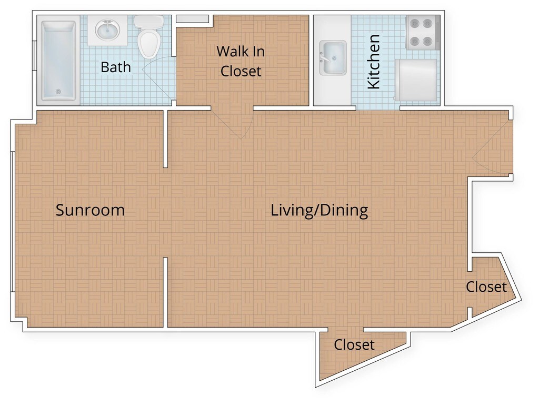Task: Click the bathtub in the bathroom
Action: [x=58, y=61]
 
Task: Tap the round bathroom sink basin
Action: [x=107, y=30]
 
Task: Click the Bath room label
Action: [x=116, y=67]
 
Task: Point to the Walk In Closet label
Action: [x=241, y=61]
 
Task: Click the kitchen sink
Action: [x=333, y=58]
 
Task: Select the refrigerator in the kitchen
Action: [x=417, y=80]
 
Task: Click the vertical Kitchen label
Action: [x=374, y=62]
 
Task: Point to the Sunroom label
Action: [x=90, y=210]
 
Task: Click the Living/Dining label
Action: [x=320, y=210]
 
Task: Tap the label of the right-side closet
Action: [x=486, y=287]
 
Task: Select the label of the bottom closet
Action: [x=354, y=344]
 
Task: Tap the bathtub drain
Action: [x=58, y=92]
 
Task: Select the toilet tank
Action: [x=149, y=22]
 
